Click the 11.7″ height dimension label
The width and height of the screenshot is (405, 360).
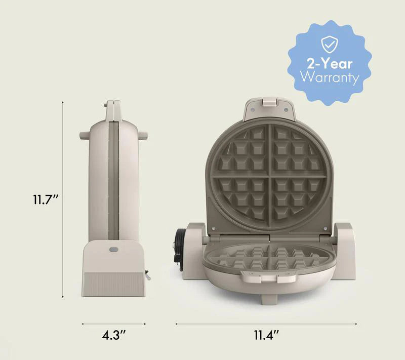46,199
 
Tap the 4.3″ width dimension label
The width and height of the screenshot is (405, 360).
113,335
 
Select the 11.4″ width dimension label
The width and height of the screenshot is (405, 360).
266,335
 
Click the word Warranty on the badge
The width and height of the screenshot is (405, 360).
330,77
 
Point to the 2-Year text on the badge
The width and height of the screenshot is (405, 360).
330,63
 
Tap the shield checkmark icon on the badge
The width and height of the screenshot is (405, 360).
330,44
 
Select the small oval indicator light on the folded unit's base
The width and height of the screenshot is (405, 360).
113,250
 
